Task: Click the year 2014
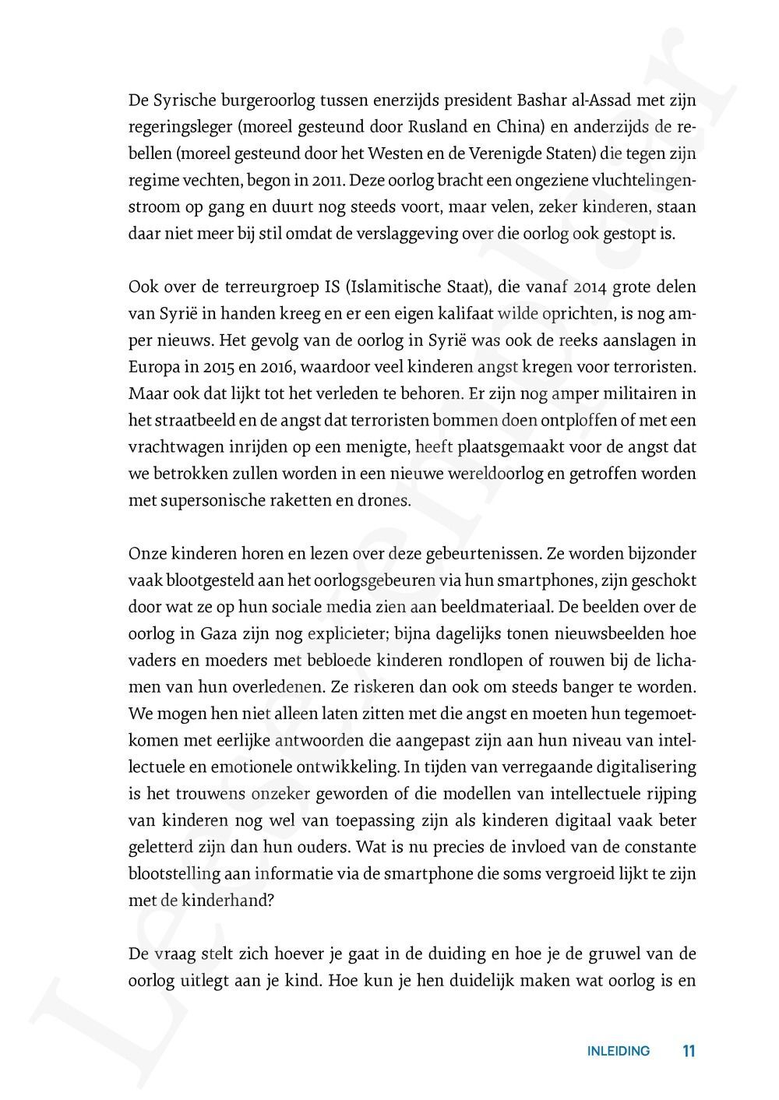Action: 573,287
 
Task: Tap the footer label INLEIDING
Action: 618,1051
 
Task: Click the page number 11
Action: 688,1051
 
